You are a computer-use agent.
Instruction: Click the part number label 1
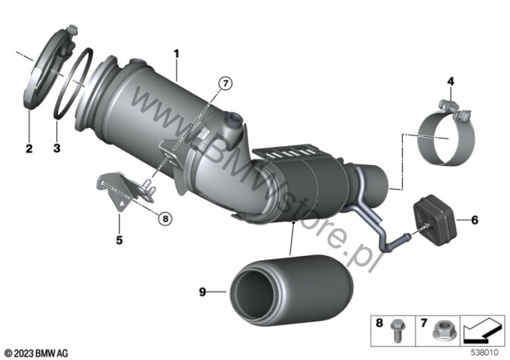176,54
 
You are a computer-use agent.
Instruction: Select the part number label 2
29,149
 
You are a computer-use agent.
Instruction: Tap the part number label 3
57,149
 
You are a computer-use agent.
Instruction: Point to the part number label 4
451,81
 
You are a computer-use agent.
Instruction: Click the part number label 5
120,240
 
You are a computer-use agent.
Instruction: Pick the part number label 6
475,220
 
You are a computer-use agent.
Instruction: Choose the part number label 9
203,292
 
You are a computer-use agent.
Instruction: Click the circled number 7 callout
226,83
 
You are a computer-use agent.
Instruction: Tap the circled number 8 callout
166,219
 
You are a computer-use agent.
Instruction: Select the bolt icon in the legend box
396,331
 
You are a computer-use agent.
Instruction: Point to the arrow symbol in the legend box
482,331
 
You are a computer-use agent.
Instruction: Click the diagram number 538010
485,353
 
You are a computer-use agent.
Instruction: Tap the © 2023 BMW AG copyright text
36,353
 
